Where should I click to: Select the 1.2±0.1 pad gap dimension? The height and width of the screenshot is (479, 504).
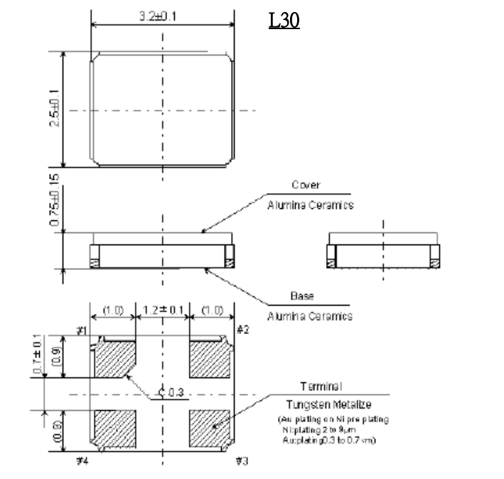163,311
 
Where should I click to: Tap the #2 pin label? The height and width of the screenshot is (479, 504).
243,330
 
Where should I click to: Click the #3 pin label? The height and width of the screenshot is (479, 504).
243,461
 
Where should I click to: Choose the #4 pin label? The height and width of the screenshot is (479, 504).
82,461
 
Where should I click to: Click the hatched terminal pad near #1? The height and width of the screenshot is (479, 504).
114,358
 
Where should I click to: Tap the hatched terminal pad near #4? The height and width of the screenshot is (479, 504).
115,429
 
